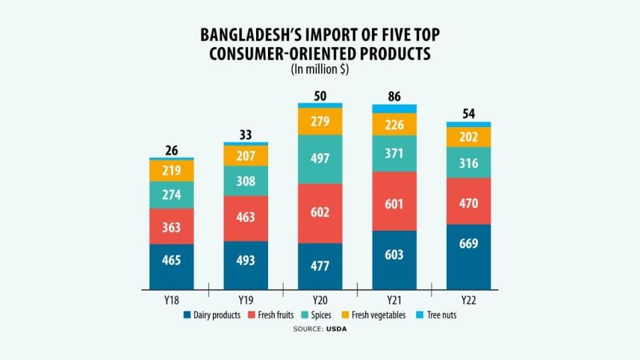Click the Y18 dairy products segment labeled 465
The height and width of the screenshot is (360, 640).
pos(171,267)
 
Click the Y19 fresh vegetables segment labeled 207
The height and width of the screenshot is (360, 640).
pos(246,155)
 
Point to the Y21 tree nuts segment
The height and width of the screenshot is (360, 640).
pos(394,109)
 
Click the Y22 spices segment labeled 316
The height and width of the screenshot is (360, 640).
pos(468,163)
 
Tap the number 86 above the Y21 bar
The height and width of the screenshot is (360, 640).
pos(394,96)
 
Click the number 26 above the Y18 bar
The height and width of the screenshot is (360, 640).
pos(171,151)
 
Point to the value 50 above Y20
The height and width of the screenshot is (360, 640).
pos(320,96)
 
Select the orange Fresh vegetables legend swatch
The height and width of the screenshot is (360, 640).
pos(346,315)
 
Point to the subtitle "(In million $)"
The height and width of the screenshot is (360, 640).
pos(320,69)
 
